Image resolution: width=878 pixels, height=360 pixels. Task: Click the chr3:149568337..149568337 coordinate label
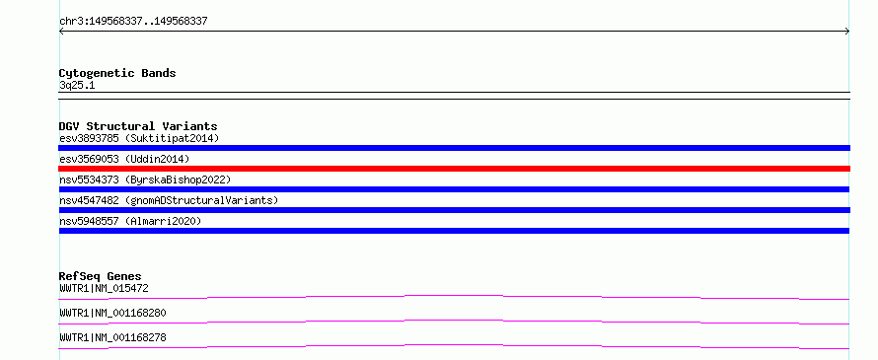click(133, 22)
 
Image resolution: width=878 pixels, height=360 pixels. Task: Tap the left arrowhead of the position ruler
click(60, 32)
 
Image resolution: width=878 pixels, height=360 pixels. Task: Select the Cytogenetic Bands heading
click(117, 73)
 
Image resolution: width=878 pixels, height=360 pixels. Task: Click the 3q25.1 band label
click(77, 86)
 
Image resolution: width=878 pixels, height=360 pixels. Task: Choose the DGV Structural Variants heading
click(138, 126)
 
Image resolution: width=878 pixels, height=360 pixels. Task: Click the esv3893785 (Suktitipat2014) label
click(139, 138)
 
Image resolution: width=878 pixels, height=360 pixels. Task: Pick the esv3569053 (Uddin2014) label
click(124, 159)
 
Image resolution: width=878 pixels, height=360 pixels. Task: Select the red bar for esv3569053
click(454, 169)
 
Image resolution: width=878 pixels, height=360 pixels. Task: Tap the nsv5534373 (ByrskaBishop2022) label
click(145, 180)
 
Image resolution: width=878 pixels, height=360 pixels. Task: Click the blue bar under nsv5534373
click(454, 189)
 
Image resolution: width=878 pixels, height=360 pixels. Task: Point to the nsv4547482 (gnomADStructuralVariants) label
click(169, 200)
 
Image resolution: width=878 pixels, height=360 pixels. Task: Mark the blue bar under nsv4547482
click(454, 210)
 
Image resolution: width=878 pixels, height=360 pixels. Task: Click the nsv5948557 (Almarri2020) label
click(130, 221)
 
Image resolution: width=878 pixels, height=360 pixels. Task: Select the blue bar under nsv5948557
click(454, 231)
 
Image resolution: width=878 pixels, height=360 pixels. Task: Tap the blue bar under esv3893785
click(454, 148)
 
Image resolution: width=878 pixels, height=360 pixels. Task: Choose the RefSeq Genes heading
click(101, 276)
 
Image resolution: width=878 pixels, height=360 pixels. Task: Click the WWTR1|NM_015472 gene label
click(104, 288)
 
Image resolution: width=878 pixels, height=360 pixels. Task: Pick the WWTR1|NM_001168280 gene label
click(112, 313)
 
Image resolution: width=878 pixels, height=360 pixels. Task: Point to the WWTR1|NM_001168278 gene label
click(112, 337)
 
